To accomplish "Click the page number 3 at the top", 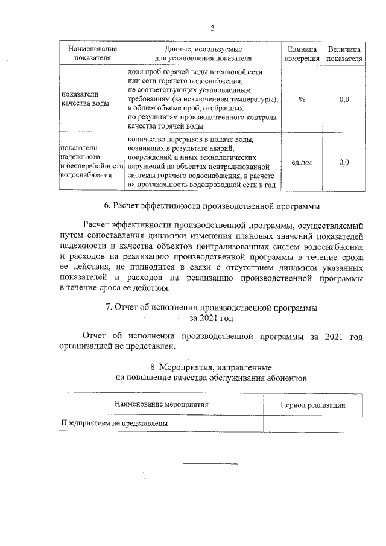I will coord(212,27).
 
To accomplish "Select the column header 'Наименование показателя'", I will coord(92,53).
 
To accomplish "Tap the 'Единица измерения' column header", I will coord(302,53).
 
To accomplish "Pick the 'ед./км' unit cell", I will coord(302,162).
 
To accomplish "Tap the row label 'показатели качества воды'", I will coord(85,99).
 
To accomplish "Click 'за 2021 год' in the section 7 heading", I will coord(212,317).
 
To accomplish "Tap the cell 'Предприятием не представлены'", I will coord(114,424).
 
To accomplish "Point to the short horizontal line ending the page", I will coord(210,463).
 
